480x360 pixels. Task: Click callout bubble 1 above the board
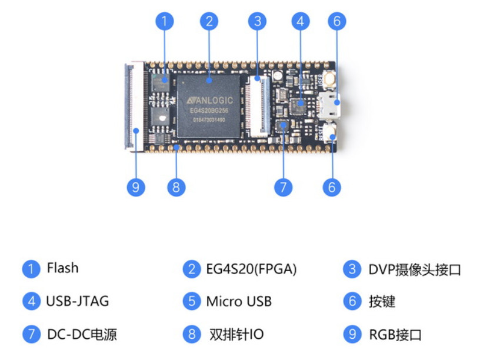[165, 22]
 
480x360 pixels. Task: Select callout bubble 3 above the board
[256, 22]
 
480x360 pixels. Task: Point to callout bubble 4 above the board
[300, 22]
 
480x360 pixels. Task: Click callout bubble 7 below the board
[283, 187]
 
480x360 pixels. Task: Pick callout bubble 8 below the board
[176, 187]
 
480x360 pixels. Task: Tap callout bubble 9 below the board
[136, 187]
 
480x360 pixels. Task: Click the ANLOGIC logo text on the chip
[209, 101]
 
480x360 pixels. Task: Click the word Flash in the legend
[62, 268]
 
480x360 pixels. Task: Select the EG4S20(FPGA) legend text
[251, 269]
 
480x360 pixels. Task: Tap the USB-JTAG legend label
[77, 302]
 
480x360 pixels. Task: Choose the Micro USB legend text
[239, 302]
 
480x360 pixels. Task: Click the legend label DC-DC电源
[82, 335]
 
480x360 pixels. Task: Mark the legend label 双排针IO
[236, 335]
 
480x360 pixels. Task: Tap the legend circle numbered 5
[191, 302]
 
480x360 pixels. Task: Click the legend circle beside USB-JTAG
[31, 302]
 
